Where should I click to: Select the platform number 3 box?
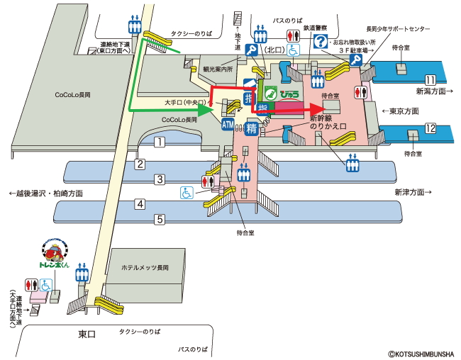[160, 179]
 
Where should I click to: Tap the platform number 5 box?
[160, 219]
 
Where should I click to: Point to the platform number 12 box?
[430, 128]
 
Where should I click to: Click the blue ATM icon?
[228, 125]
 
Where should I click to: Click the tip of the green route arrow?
[213, 111]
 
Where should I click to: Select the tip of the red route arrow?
[321, 108]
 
